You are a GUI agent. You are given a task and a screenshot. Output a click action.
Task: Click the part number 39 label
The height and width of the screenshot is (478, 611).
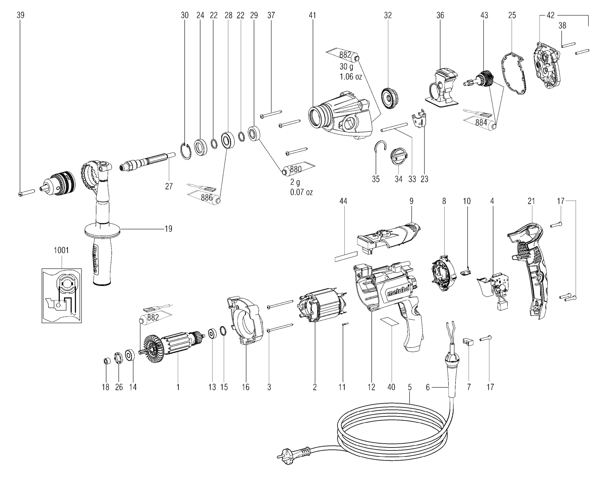point(20,15)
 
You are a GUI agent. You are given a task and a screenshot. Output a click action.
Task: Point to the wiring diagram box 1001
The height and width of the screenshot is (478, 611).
point(62,295)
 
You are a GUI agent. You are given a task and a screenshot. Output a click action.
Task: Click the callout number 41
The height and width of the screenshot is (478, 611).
point(312,15)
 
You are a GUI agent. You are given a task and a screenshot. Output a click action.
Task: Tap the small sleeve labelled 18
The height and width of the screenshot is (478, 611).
point(106,361)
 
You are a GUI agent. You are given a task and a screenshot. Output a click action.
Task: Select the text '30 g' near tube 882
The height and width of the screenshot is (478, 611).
point(346,67)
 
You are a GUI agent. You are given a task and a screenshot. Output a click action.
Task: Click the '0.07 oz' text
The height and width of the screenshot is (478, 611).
point(301,192)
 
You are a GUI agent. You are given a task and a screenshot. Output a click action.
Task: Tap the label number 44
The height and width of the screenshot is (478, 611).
point(343,201)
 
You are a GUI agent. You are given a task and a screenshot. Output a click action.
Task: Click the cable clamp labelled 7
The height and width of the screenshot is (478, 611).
point(468,341)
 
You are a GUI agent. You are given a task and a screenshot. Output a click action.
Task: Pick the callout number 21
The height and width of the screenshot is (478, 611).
point(531,201)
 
